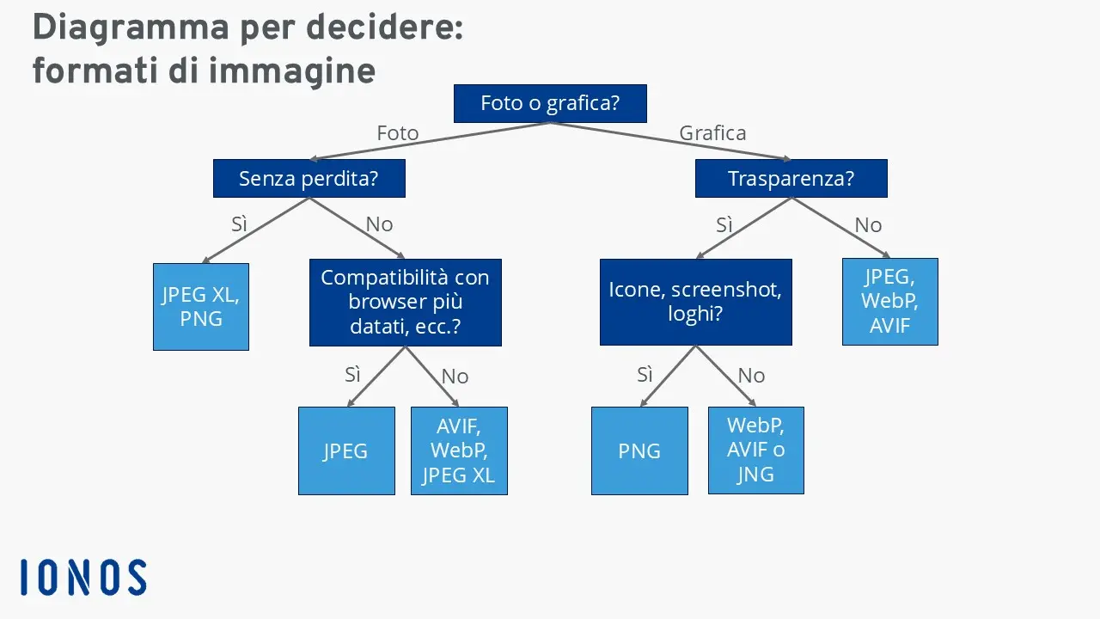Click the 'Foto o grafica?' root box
click(550, 104)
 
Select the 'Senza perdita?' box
click(309, 179)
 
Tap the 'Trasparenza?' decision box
click(791, 179)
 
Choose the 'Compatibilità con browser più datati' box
click(405, 303)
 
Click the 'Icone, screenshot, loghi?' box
click(695, 302)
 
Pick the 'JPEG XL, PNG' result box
click(201, 307)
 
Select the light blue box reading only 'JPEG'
click(346, 450)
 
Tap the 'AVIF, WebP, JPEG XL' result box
click(459, 450)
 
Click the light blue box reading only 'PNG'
click(639, 450)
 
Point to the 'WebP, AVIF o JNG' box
click(755, 450)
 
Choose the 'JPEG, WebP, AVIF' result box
click(889, 302)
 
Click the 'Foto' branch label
click(397, 133)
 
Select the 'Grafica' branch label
click(712, 133)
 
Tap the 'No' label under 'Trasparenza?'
click(868, 225)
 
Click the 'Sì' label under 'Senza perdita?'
click(240, 224)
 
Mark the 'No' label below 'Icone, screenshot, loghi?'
click(751, 376)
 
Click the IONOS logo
click(83, 578)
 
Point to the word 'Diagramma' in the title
click(126, 28)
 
